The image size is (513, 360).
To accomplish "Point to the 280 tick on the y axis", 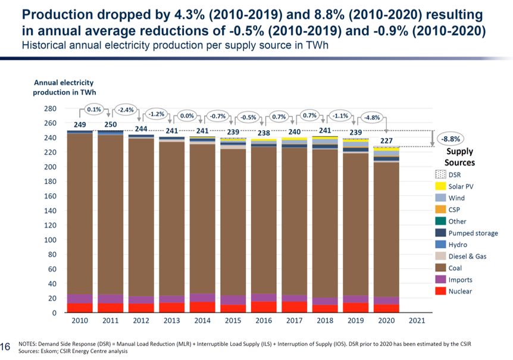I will (x=50, y=109).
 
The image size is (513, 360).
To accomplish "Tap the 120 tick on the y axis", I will (x=50, y=226).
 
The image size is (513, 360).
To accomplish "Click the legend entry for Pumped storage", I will (x=473, y=233).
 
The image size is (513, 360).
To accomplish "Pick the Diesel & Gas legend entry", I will (x=469, y=256).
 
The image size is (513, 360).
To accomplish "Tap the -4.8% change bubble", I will (x=373, y=117).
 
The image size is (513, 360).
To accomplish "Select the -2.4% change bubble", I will (x=126, y=109).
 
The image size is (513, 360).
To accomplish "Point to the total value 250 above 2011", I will (x=111, y=124).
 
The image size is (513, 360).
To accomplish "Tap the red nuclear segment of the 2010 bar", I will (x=80, y=308).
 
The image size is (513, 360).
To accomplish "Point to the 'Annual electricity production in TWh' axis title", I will (x=64, y=87).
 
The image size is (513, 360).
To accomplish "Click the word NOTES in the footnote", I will (x=29, y=344).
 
